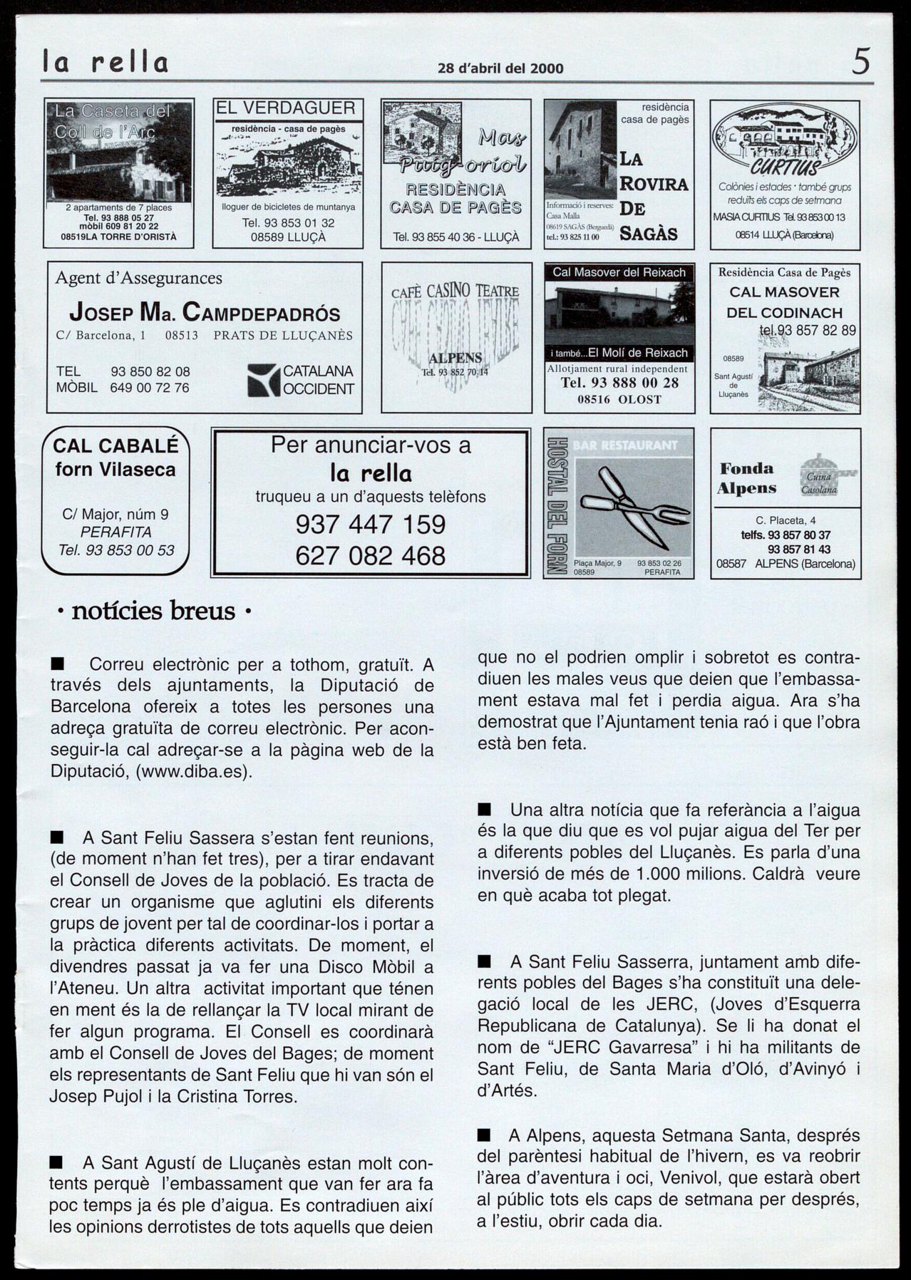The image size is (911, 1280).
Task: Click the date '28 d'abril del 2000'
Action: click(500, 68)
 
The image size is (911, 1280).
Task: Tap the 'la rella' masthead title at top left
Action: click(105, 63)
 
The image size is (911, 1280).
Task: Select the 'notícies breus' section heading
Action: click(153, 611)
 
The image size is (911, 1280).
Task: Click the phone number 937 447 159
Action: click(370, 525)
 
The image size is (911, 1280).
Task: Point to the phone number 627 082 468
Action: click(370, 556)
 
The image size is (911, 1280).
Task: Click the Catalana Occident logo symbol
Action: click(263, 380)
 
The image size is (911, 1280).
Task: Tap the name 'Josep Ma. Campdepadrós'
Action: click(205, 312)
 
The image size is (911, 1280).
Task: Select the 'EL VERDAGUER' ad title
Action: click(285, 108)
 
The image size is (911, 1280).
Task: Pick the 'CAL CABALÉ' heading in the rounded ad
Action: click(115, 446)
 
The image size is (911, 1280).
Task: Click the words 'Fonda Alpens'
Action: click(746, 478)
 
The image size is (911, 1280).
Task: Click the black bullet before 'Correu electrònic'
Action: click(57, 664)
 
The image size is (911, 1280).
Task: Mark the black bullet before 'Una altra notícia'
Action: click(485, 810)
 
